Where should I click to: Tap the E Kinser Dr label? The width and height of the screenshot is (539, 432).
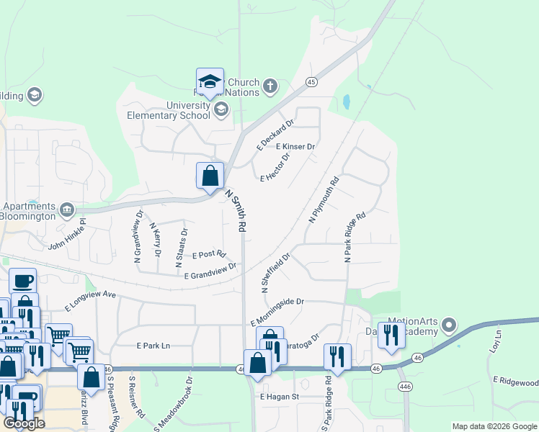(296, 147)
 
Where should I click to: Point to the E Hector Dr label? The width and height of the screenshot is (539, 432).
(275, 167)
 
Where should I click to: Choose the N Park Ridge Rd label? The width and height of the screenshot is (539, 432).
(356, 236)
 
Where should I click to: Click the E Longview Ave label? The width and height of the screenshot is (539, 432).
(90, 300)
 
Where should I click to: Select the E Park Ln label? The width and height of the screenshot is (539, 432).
(153, 346)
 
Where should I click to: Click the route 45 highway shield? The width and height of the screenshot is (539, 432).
(311, 82)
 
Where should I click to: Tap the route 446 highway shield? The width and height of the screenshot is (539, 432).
(405, 386)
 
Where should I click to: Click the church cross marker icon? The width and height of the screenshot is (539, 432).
(270, 87)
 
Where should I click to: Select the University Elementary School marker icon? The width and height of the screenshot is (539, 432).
(221, 109)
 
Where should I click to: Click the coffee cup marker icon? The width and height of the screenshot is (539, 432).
(22, 280)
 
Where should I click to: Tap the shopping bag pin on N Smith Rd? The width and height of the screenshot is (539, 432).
(210, 176)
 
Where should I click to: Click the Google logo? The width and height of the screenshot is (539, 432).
(24, 423)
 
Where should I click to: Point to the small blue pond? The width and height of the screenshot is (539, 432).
(347, 102)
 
